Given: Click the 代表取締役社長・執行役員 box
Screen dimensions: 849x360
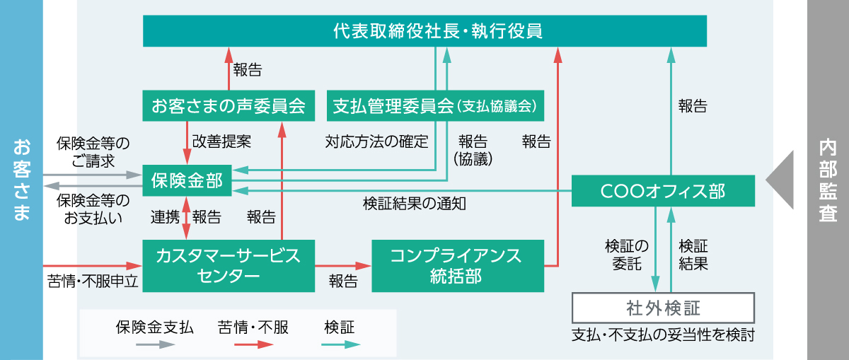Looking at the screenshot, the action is (x=424, y=31).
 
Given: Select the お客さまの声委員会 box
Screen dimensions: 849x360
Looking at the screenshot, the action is (x=229, y=105).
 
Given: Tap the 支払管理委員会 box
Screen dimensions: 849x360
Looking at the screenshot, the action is (x=435, y=105).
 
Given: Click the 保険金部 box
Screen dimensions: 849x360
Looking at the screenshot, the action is (x=187, y=180).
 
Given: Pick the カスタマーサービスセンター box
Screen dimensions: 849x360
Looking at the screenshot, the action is (x=229, y=266).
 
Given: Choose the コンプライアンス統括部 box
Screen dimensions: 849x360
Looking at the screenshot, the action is (x=458, y=266).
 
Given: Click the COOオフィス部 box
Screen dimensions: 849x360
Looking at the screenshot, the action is (x=663, y=191).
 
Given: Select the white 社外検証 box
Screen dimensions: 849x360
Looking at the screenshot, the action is (x=663, y=308).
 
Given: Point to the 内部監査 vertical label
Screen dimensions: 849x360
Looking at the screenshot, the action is (x=828, y=180).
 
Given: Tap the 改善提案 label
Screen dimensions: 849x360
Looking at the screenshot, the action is (x=221, y=141).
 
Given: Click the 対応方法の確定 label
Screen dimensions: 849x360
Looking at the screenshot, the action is (x=376, y=141).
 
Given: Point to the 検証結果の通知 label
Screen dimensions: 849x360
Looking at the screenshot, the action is (x=415, y=204).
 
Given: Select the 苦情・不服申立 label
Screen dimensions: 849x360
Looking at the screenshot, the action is (x=93, y=281).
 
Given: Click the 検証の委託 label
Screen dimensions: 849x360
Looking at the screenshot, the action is (x=627, y=255).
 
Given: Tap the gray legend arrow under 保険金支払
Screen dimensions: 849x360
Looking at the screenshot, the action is (x=156, y=344).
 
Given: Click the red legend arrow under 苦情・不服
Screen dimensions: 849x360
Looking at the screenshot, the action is (x=254, y=344).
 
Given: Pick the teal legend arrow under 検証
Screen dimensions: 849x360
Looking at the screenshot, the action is (x=341, y=344).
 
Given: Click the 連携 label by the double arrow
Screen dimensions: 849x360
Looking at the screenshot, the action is (x=165, y=217).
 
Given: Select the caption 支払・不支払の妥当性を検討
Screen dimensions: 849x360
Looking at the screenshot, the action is (x=663, y=335).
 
